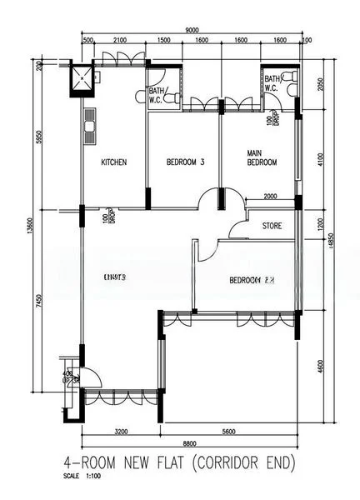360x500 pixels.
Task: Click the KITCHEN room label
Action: click(113, 162)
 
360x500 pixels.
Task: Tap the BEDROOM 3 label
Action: click(185, 162)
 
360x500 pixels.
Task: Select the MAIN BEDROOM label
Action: click(262, 158)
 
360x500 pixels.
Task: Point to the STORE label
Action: click(272, 226)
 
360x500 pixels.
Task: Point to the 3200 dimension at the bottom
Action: click(120, 432)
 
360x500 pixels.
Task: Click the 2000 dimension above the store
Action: click(271, 197)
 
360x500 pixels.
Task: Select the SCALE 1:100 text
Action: click(81, 477)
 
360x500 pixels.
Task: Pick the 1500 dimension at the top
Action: click(163, 40)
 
